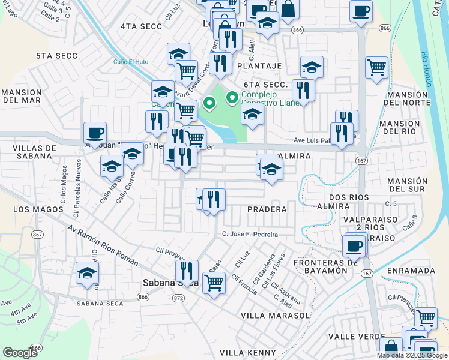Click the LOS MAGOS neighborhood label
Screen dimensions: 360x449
(x=38, y=209)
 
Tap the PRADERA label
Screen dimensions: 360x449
(x=265, y=209)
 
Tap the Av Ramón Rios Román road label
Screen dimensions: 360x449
(x=103, y=245)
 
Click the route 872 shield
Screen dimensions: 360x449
(x=178, y=298)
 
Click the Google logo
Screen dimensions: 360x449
(x=20, y=353)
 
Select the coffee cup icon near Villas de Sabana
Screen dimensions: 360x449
(x=95, y=133)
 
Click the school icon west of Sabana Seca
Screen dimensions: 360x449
(x=87, y=274)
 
